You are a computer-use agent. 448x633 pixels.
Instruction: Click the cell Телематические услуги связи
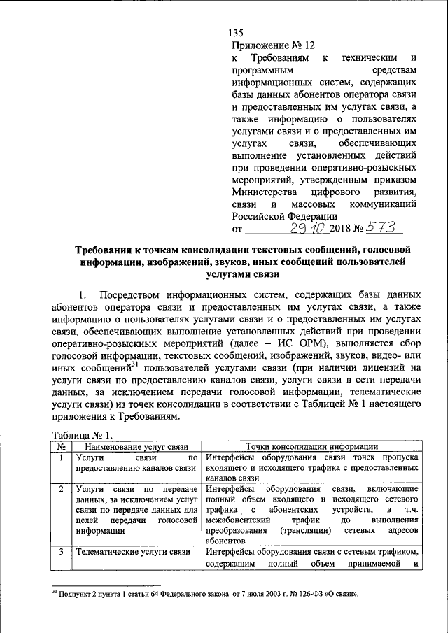coord(133,552)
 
